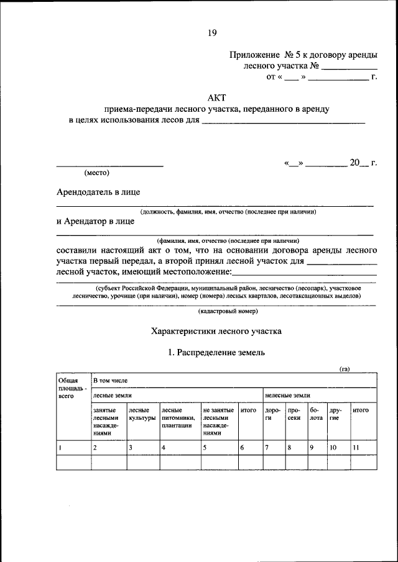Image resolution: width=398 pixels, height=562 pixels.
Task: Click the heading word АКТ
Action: tap(216, 97)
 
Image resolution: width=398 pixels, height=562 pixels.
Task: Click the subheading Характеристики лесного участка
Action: tap(216, 331)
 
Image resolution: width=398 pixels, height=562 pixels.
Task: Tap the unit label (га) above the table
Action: tap(344, 369)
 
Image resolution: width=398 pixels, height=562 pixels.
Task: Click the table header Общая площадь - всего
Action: tap(69, 387)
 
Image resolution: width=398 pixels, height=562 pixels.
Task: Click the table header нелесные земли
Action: tap(287, 395)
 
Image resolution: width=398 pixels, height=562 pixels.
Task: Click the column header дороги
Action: tap(272, 414)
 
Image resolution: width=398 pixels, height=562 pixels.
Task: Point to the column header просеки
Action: tap(295, 414)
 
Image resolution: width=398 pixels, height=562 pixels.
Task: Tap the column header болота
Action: tap(316, 414)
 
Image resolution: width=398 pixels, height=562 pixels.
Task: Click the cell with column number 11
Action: tap(356, 447)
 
